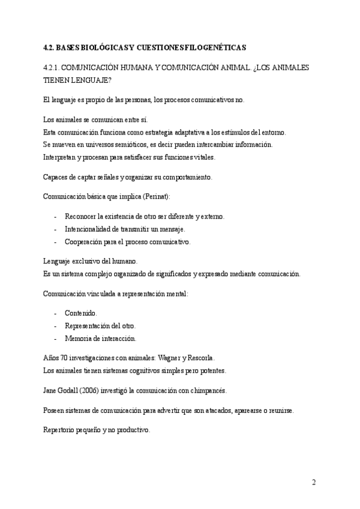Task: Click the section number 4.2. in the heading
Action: coord(50,47)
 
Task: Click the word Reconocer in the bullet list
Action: coord(82,216)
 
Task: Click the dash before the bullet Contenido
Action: coord(56,313)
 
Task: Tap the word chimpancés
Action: coord(208,390)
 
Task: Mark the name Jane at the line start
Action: coord(50,390)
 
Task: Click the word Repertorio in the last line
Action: coord(61,430)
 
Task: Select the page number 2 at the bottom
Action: coord(314,483)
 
